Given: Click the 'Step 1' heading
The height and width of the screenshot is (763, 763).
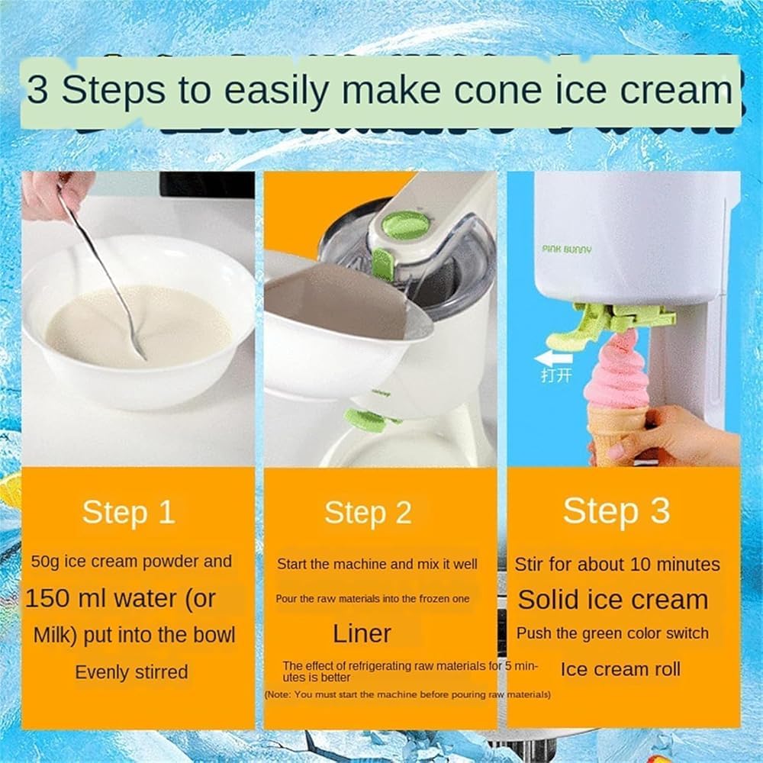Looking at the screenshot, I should pyautogui.click(x=128, y=512).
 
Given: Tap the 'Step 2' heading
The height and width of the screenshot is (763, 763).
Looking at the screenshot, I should pyautogui.click(x=368, y=513).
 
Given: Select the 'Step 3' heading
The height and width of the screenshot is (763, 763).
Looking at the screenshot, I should pyautogui.click(x=617, y=511).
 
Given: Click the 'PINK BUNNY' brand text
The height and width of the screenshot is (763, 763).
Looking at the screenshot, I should pyautogui.click(x=567, y=250).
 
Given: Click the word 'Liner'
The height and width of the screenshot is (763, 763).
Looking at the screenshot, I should pyautogui.click(x=362, y=633).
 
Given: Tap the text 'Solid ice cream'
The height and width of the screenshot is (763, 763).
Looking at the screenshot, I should pyautogui.click(x=613, y=600).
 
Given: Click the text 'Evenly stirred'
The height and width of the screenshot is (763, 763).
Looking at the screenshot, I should pyautogui.click(x=131, y=672).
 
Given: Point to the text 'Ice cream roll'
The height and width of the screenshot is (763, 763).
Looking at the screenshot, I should pyautogui.click(x=620, y=670).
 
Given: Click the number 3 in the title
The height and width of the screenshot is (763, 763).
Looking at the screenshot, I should pyautogui.click(x=37, y=91).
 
